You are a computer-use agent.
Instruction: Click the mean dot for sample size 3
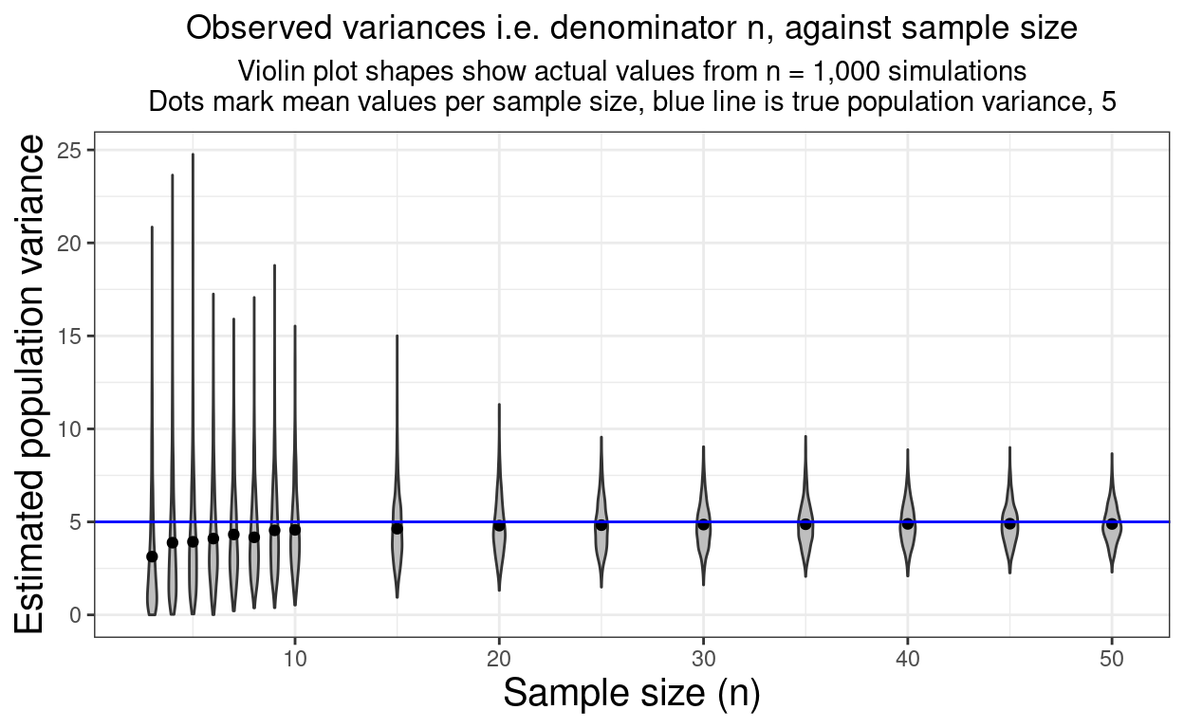coord(152,556)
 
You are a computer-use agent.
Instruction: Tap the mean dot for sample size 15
coord(397,528)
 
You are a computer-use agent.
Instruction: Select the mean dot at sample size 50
coord(1112,523)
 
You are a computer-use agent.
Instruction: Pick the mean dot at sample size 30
coord(703,524)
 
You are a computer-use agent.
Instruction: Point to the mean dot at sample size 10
coord(295,529)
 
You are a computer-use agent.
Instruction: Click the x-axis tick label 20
coord(499,658)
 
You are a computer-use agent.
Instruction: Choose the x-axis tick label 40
coord(908,658)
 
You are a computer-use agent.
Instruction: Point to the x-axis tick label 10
coord(295,658)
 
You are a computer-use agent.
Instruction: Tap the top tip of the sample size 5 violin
coord(193,155)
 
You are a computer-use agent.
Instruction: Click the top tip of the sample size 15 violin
coord(397,336)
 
